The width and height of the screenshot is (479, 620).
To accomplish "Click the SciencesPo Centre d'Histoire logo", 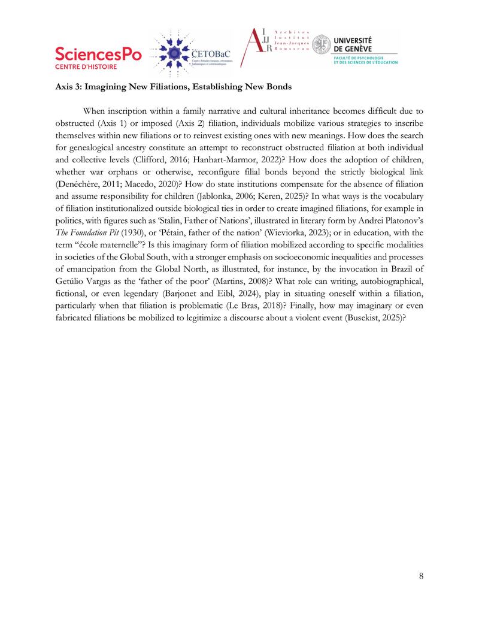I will (98, 58).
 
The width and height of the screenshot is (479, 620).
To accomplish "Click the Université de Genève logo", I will (355, 49).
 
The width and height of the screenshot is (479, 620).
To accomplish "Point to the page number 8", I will (422, 576).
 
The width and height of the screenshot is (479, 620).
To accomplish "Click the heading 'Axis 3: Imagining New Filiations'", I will (174, 87).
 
